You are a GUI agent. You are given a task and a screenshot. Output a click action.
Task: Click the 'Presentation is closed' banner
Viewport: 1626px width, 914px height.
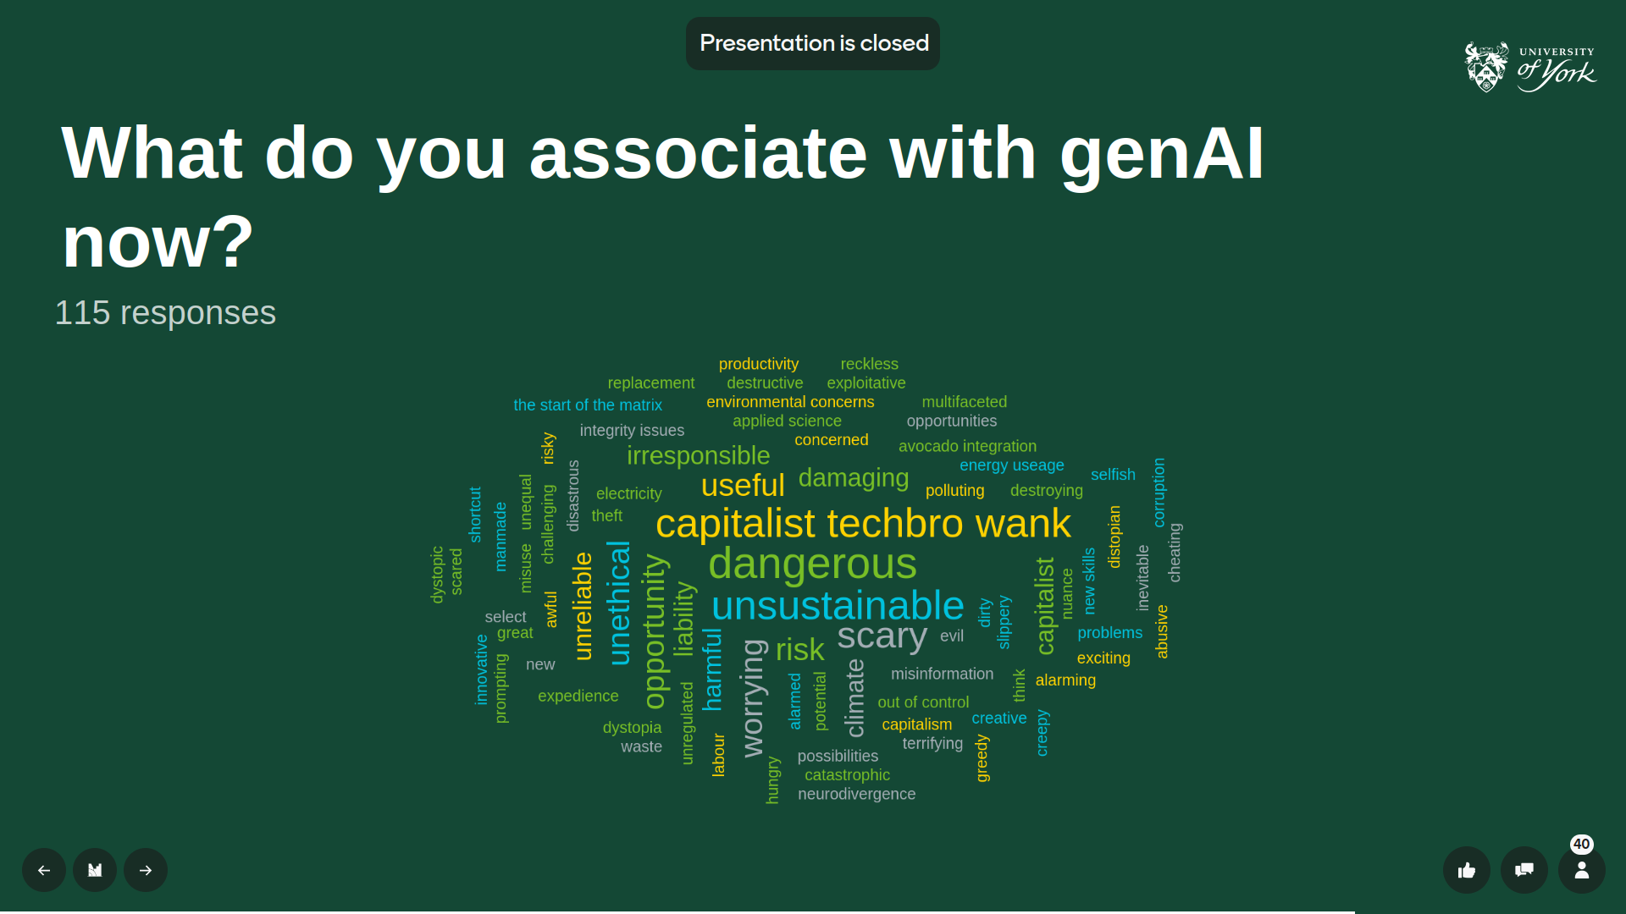(813, 43)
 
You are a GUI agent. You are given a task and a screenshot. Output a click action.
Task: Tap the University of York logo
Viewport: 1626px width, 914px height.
(1530, 67)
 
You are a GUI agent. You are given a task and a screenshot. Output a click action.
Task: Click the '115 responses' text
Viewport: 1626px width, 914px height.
(165, 313)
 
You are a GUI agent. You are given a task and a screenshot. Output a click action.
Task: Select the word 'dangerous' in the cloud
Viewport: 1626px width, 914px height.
(812, 564)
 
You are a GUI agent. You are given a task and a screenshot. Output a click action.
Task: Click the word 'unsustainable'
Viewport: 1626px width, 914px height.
(838, 606)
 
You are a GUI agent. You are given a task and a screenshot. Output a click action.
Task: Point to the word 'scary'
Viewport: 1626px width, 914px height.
(882, 636)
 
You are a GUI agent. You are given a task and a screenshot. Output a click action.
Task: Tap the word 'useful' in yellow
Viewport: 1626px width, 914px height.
(743, 486)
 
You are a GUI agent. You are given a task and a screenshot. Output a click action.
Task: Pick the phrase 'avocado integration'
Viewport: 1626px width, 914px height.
(967, 446)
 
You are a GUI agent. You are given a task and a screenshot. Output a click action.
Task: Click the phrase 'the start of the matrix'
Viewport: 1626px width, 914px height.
(588, 405)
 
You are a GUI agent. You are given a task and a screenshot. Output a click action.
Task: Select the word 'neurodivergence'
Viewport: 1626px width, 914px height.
(856, 794)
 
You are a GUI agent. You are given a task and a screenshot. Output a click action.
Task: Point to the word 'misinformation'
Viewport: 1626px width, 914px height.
(942, 674)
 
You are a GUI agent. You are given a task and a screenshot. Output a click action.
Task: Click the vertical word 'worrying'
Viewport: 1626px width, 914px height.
(753, 698)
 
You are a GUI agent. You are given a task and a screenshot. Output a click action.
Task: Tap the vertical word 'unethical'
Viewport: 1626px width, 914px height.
(619, 603)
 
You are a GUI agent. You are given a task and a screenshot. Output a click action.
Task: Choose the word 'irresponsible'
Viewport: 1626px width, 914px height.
(698, 455)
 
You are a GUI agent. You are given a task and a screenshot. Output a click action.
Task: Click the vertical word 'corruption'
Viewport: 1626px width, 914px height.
(1159, 493)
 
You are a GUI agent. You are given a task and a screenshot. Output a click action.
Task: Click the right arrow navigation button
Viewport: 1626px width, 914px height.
(146, 870)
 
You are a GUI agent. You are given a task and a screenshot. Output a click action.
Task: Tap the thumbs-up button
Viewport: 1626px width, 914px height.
(1467, 870)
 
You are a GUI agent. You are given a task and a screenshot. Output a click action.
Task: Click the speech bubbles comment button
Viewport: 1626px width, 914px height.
(1524, 870)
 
